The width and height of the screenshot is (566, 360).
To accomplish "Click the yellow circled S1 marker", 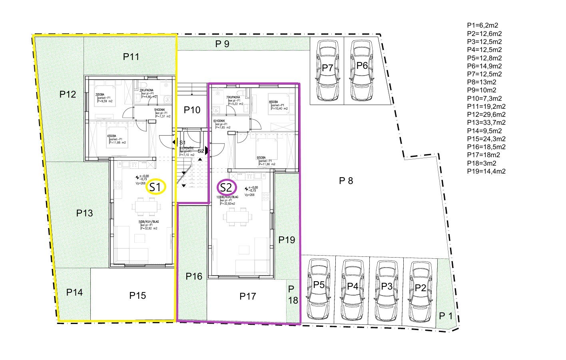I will pos(155,186).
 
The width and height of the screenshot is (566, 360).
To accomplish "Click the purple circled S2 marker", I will pos(227,187).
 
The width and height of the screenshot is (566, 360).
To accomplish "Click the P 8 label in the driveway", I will pos(346,181).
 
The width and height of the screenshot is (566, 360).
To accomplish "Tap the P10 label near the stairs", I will pos(192,110).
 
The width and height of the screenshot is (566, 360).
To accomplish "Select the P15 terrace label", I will pos(138,296).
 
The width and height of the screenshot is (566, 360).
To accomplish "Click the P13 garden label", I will pos(84,213).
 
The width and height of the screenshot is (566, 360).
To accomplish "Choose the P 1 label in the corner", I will pos(446,316).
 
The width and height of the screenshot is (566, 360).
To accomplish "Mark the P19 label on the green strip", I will pos(287,240).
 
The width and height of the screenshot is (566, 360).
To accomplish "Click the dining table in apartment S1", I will pos(147,206).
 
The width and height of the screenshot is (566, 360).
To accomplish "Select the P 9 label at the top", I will pos(222,44).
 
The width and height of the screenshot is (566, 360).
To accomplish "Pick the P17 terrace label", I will pos(247,296).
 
